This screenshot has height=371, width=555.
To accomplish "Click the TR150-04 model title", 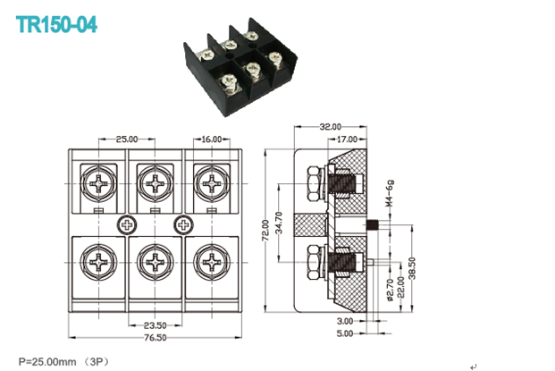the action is pyautogui.click(x=56, y=24).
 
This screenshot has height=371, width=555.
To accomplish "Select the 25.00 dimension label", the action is pyautogui.click(x=127, y=139).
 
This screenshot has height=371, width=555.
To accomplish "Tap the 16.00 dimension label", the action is pyautogui.click(x=211, y=139).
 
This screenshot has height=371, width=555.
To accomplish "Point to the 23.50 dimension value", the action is pyautogui.click(x=155, y=325).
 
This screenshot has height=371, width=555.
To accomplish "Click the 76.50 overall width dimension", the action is pyautogui.click(x=155, y=337).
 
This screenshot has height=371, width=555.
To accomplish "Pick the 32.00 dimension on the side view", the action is pyautogui.click(x=331, y=126).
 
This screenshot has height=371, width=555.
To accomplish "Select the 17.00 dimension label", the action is pyautogui.click(x=347, y=139).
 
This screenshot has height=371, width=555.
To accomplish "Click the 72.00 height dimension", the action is pyautogui.click(x=265, y=230).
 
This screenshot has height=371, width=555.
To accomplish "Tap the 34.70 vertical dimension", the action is pyautogui.click(x=279, y=223).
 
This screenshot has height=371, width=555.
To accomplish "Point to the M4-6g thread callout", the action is pyautogui.click(x=390, y=193).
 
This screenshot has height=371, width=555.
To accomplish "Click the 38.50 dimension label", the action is pyautogui.click(x=412, y=268).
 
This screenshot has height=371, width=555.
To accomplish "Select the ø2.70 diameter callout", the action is pyautogui.click(x=391, y=290).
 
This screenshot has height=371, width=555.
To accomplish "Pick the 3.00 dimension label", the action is pyautogui.click(x=345, y=321).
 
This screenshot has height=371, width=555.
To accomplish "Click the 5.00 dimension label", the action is pyautogui.click(x=345, y=333).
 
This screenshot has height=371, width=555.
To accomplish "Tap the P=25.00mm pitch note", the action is pyautogui.click(x=47, y=362).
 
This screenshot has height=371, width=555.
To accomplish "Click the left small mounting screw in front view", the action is pyautogui.click(x=126, y=224).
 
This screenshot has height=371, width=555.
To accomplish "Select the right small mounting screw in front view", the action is pyautogui.click(x=183, y=224).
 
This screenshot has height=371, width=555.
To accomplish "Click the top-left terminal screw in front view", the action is pyautogui.click(x=98, y=183).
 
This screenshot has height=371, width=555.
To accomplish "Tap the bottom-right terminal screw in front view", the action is pyautogui.click(x=212, y=262).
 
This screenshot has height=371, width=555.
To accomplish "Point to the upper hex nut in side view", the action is pyautogui.click(x=315, y=184).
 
